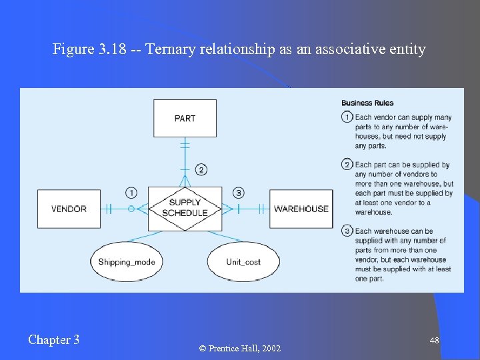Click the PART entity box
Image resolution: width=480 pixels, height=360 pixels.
coord(185,118)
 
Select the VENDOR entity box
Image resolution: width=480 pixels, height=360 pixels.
coord(69,209)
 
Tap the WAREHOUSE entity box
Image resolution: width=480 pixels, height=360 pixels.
coord(301,209)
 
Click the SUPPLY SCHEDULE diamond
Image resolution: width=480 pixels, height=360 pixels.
coord(185,208)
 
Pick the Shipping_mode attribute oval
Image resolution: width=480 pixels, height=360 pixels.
coord(127,262)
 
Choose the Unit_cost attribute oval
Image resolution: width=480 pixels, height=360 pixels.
coord(243,262)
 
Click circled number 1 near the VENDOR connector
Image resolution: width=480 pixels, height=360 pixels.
coord(131,193)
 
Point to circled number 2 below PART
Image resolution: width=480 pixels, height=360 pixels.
coord(201,169)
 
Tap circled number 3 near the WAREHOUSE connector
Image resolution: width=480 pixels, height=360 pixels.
coord(238,193)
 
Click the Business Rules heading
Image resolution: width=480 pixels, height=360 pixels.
coord(367,103)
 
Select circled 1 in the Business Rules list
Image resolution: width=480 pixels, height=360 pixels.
coord(347,117)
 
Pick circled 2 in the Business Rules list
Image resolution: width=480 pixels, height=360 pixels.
coord(347,165)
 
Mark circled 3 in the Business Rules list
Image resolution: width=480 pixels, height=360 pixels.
coord(347,231)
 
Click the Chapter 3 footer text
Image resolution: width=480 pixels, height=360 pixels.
coord(54,340)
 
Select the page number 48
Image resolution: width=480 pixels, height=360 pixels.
coord(434,341)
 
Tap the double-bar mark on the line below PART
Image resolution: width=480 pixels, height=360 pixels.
coord(185,144)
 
